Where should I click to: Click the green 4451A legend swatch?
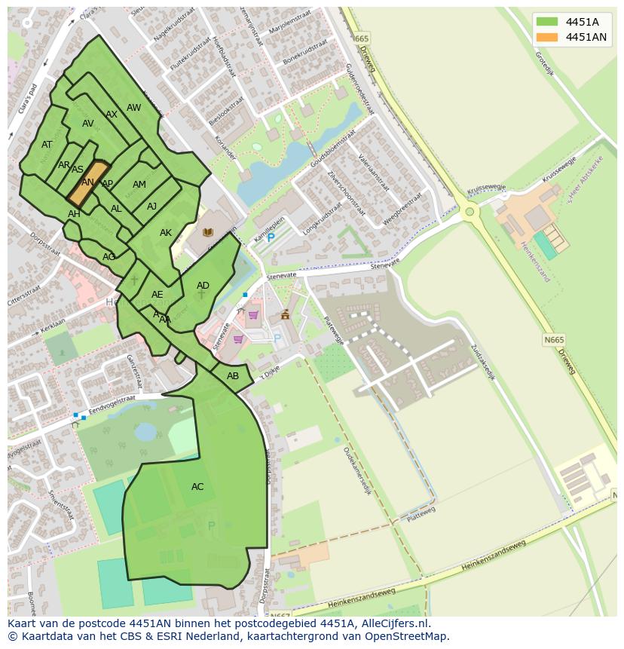pyautogui.click(x=546, y=22)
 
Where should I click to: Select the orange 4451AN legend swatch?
pyautogui.click(x=546, y=37)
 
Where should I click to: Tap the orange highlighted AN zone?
pyautogui.click(x=88, y=182)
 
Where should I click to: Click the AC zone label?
pyautogui.click(x=197, y=487)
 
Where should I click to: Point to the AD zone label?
pyautogui.click(x=203, y=286)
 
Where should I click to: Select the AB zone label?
pyautogui.click(x=233, y=376)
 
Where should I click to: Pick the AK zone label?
pyautogui.click(x=166, y=233)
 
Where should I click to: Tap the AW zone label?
pyautogui.click(x=133, y=108)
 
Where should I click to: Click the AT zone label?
pyautogui.click(x=47, y=145)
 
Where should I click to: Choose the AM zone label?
pyautogui.click(x=139, y=185)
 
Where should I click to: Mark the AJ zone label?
pyautogui.click(x=151, y=207)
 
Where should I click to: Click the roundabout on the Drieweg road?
pyautogui.click(x=470, y=212)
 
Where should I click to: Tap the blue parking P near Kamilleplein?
pyautogui.click(x=271, y=237)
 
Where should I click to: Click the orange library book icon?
pyautogui.click(x=207, y=232)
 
